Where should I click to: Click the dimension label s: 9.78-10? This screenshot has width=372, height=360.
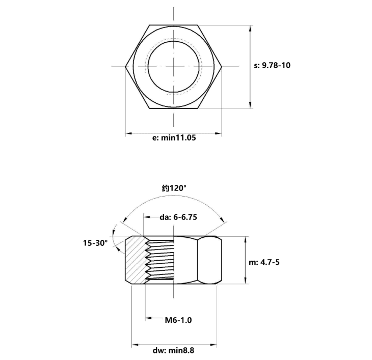pos(272,65)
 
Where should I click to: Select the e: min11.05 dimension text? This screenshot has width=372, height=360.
pos(174,137)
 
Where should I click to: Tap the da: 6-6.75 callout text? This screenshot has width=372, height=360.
pos(178,217)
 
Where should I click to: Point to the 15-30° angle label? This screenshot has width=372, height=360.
pos(95,243)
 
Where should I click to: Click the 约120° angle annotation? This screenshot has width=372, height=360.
pos(174,188)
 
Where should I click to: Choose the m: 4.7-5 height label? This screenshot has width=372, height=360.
pos(264,262)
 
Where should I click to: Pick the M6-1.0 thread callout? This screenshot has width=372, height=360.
pos(178,320)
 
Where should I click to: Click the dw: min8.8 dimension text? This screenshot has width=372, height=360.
pos(173,350)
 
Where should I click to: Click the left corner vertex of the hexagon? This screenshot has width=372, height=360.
pos(125,67)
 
